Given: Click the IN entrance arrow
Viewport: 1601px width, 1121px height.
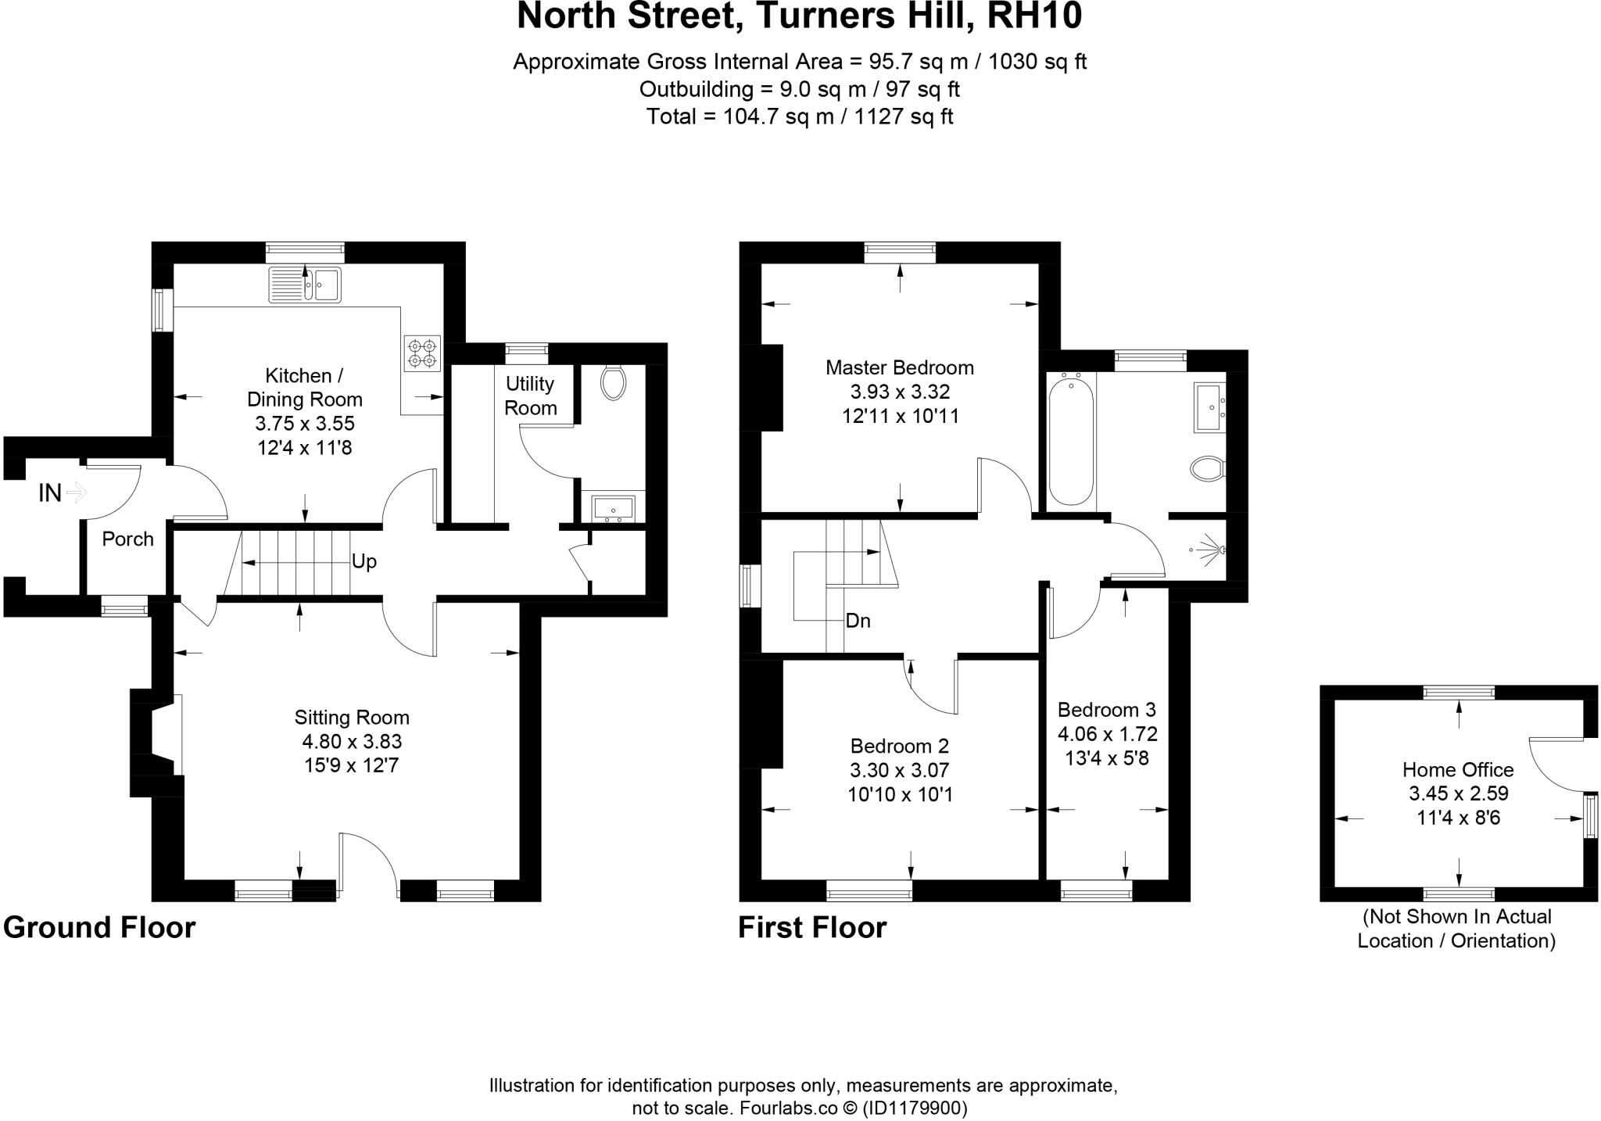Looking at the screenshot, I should [76, 492].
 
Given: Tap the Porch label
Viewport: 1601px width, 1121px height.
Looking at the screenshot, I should [128, 539].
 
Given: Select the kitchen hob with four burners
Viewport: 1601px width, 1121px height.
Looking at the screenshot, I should [421, 353].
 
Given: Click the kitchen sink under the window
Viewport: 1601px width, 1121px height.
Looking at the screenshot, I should [305, 285].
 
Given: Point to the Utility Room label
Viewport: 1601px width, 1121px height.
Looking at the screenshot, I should [530, 396].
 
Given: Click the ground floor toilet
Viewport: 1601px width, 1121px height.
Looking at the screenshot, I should [614, 382].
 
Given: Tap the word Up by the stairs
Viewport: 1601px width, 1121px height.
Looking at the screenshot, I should [364, 561].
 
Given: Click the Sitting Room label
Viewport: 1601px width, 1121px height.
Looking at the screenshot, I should [352, 717].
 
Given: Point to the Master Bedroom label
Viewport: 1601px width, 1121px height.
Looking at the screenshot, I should [900, 367].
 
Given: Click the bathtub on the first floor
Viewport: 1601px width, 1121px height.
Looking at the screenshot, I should [1070, 440].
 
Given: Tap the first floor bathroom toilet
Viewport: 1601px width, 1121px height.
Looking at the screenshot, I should [1207, 470].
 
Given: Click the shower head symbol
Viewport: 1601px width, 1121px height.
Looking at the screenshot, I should [1212, 550].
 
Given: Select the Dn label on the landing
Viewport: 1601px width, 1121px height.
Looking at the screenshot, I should [858, 621].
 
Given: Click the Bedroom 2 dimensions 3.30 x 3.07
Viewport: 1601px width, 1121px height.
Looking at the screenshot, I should [900, 771].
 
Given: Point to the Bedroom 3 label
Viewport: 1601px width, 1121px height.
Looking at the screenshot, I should [1106, 710].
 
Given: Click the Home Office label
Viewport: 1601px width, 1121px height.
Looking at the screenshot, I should [1458, 770].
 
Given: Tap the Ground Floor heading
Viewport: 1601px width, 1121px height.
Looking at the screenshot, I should [99, 928].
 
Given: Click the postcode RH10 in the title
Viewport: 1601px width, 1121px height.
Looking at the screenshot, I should [1034, 17].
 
